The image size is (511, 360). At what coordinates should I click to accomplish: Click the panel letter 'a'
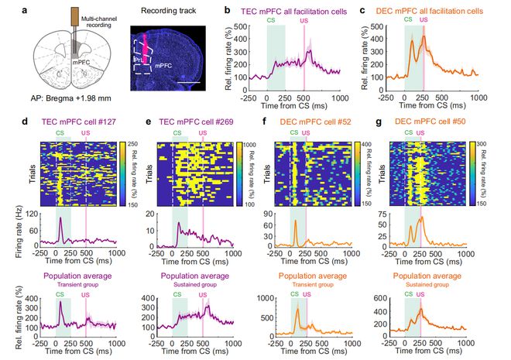tap(26, 11)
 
